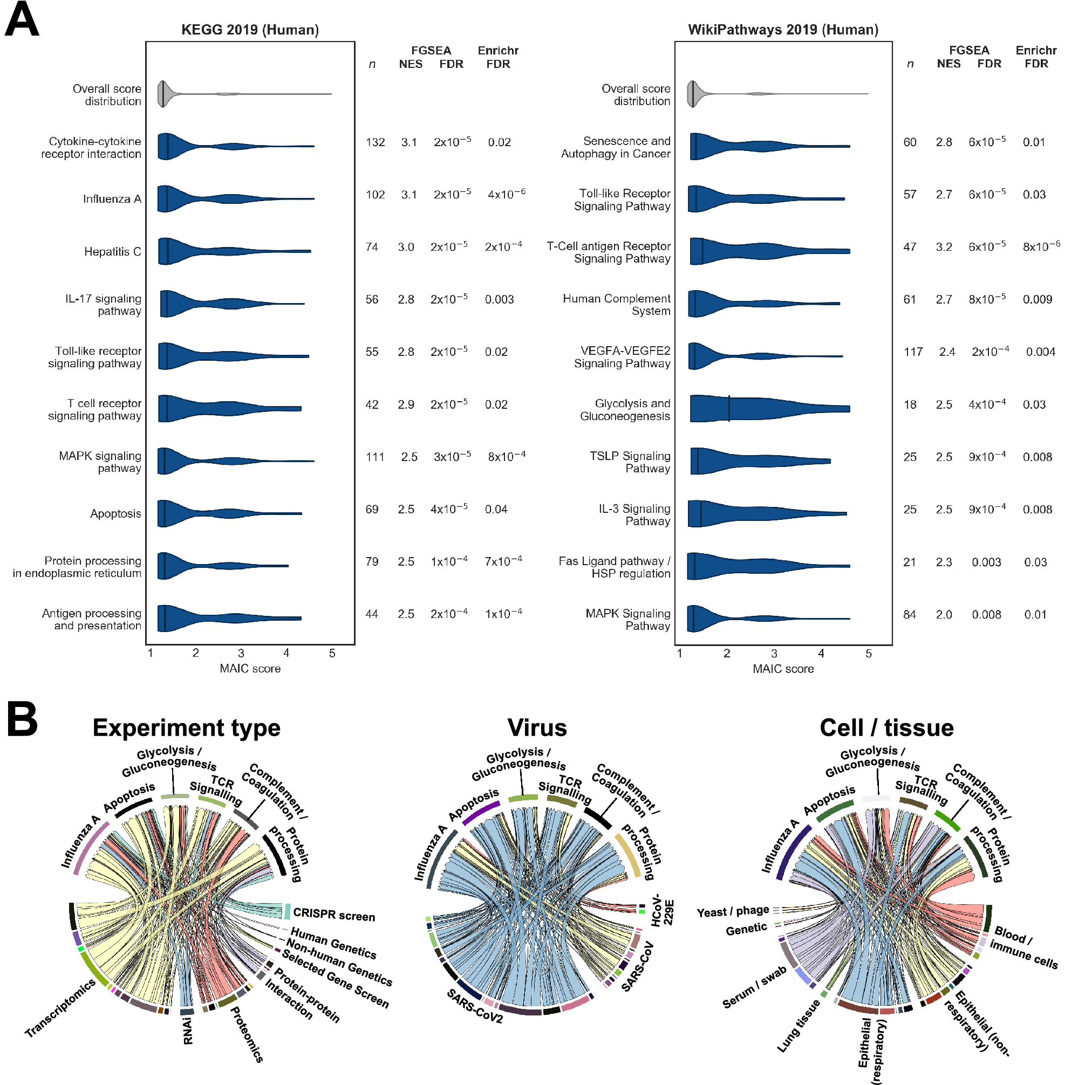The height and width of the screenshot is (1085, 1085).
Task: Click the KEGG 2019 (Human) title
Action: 250,30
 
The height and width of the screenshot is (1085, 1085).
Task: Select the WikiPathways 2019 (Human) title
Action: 783,30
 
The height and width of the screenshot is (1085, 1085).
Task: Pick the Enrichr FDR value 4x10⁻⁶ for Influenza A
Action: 506,194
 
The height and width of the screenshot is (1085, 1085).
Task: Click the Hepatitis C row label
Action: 112,252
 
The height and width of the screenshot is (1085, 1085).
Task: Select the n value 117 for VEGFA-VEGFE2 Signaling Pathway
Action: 913,352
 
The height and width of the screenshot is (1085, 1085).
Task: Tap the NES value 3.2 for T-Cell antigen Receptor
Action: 944,247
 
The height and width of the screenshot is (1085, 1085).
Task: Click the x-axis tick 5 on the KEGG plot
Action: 332,653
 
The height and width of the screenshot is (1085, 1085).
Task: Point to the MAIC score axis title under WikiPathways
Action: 783,669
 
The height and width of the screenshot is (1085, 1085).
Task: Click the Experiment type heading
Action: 187,728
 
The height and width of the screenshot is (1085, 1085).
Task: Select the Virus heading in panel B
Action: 537,728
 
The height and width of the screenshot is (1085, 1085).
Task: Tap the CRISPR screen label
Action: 334,915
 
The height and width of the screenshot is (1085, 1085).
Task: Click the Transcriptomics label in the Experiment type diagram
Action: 60,1008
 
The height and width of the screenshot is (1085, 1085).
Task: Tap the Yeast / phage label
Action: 733,911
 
